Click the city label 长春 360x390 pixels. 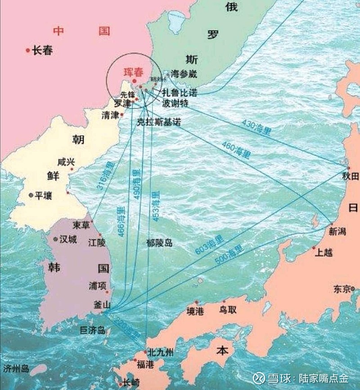click(x=43, y=51)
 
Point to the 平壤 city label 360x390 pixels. click(x=44, y=195)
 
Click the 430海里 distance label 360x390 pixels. click(x=256, y=126)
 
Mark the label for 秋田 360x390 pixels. click(x=350, y=176)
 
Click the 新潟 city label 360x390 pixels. click(x=337, y=232)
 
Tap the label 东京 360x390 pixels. click(x=342, y=289)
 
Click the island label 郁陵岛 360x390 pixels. click(x=159, y=243)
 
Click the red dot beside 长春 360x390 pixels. click(x=28, y=50)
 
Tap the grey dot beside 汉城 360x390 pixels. click(x=55, y=239)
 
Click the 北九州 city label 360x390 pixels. click(x=161, y=352)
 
